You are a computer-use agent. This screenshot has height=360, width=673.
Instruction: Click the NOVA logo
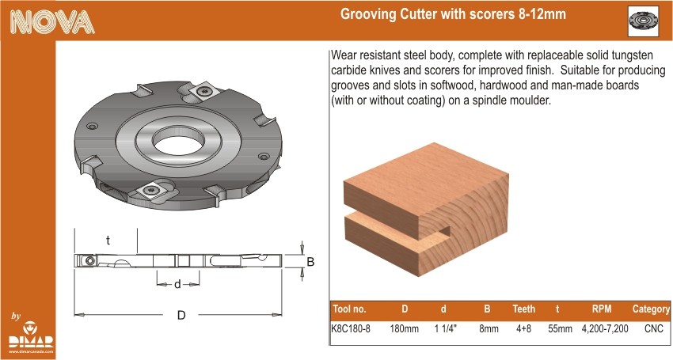(x=52, y=21)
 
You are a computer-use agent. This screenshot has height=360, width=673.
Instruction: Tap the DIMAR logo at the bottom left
(x=32, y=337)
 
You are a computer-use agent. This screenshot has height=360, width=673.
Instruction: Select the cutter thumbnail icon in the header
(x=643, y=21)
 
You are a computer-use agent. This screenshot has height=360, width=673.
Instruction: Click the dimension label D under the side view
(x=181, y=316)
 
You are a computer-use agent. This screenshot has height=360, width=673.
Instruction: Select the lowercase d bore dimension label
(x=177, y=284)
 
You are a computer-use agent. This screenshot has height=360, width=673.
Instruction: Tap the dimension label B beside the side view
(x=310, y=261)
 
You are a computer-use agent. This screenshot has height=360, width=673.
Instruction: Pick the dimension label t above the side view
(x=108, y=241)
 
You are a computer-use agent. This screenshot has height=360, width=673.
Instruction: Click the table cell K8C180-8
(x=351, y=328)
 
